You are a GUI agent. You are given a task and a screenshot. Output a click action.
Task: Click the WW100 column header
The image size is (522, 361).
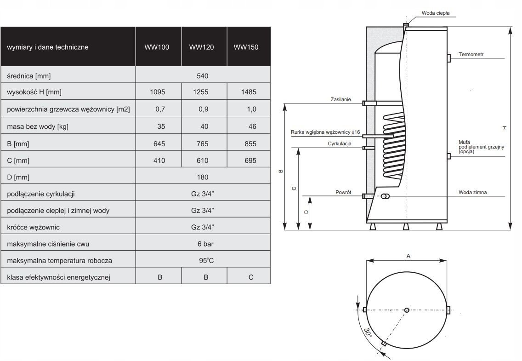point(157,47)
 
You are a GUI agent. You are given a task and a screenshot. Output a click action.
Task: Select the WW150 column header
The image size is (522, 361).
point(246,47)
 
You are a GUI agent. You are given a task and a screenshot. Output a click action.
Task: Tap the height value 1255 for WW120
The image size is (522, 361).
point(201,92)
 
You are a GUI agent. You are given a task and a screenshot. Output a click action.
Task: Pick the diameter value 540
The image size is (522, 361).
point(202,76)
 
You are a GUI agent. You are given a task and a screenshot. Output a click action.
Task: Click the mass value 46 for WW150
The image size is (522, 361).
point(252,126)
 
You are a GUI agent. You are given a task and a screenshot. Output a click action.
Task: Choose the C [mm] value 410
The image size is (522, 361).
point(159,160)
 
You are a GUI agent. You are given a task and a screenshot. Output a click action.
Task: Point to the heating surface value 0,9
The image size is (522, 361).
point(204,109)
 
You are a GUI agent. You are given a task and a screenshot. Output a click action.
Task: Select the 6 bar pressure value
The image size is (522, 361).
point(205,244)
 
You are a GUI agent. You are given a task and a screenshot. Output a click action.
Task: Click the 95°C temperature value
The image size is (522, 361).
point(206,260)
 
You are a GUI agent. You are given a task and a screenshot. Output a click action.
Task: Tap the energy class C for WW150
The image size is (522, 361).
point(251,277)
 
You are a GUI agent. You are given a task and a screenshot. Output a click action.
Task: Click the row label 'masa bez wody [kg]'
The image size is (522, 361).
point(38,126)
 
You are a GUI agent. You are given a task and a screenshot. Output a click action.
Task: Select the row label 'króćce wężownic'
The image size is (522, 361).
point(33,228)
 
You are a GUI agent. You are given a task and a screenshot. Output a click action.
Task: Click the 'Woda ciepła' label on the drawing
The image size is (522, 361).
point(436,13)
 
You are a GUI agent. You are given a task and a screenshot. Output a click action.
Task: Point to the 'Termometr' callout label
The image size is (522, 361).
point(471,54)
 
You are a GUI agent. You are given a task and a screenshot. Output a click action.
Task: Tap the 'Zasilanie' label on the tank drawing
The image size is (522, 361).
point(340,99)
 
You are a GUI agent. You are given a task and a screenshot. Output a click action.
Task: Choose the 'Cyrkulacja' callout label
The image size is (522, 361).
point(340,143)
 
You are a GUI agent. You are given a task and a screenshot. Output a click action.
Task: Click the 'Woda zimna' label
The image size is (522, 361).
point(472,192)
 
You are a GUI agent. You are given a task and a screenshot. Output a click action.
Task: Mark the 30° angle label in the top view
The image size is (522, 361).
point(368,332)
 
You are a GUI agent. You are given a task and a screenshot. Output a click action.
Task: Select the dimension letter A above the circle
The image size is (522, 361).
point(409,256)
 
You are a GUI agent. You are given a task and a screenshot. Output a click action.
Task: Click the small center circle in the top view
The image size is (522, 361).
point(407,310)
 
